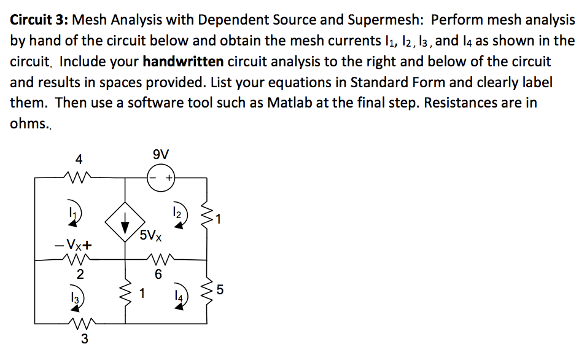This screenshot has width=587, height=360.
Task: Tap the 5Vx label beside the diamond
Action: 150,235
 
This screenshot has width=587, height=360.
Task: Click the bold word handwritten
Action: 184,61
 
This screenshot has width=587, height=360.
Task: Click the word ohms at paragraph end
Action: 28,123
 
